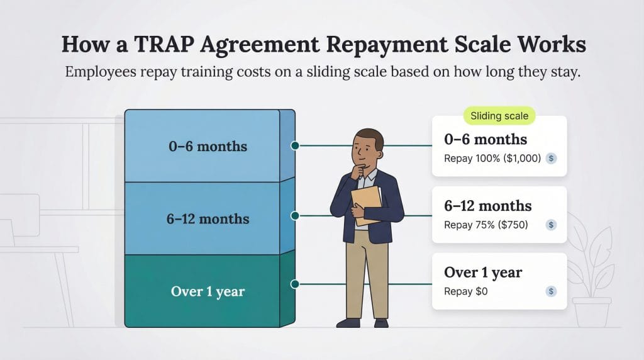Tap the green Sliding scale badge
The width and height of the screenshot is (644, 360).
[500, 116]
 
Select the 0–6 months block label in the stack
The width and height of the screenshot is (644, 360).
[208, 147]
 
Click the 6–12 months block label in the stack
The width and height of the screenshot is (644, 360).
[208, 219]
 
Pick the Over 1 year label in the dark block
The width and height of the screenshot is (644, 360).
[208, 291]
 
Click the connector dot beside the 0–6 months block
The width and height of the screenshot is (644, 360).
[294, 145]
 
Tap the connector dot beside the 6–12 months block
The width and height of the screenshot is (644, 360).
[294, 216]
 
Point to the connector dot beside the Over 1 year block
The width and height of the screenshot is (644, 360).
[294, 284]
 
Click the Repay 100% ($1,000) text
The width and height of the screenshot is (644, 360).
[492, 159]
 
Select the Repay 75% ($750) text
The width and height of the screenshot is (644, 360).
[486, 225]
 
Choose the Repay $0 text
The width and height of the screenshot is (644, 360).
[465, 291]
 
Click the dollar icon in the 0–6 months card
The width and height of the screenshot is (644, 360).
[551, 159]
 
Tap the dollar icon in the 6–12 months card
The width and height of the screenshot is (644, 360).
[551, 225]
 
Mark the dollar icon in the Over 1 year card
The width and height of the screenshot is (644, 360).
[551, 291]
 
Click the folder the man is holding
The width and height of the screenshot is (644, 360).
[367, 204]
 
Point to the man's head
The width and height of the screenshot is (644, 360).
[368, 149]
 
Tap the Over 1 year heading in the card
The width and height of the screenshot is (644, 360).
[482, 273]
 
